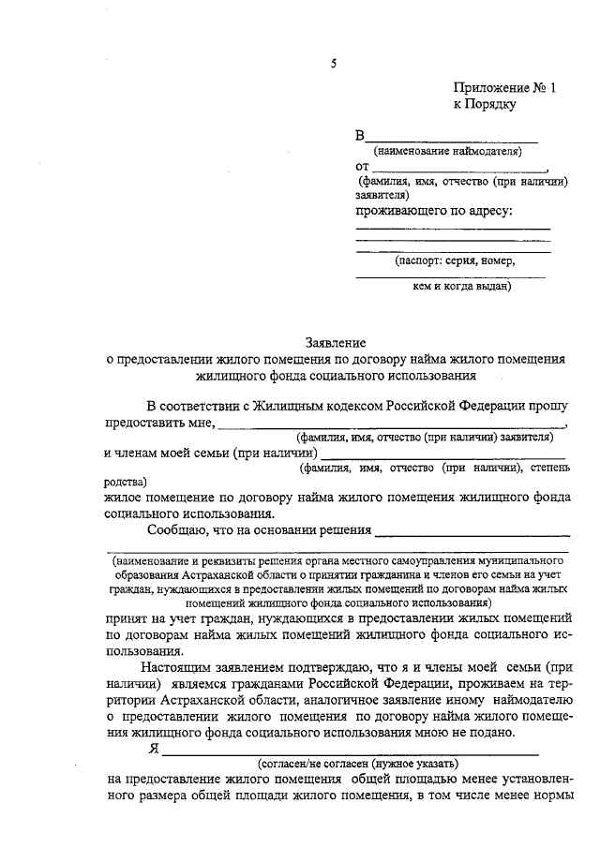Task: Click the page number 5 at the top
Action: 333,64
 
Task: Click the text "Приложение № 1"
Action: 504,89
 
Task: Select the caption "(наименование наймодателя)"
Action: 447,151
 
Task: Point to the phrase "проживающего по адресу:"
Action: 434,212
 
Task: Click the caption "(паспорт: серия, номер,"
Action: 455,261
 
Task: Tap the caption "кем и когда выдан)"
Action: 461,288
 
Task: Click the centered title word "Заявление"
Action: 336,343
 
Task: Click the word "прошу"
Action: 547,407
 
